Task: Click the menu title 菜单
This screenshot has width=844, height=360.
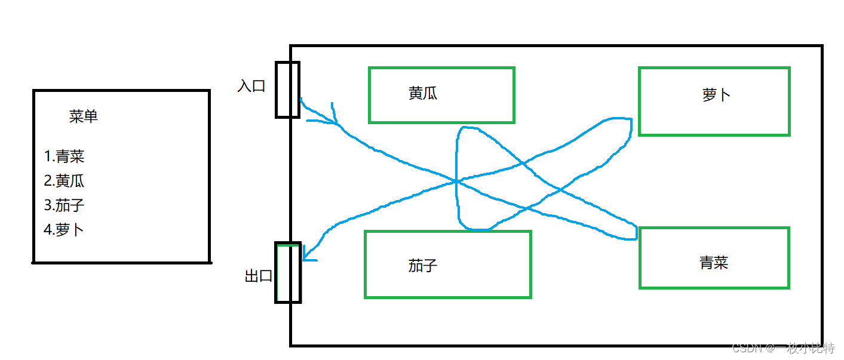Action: click(83, 116)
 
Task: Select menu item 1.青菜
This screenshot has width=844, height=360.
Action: click(64, 156)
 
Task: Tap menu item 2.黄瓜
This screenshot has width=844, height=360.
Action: click(64, 181)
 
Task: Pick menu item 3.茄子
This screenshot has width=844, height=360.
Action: click(64, 205)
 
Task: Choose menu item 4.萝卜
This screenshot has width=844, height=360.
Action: click(63, 230)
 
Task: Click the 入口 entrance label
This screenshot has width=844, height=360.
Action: click(251, 86)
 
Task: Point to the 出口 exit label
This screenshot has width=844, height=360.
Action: click(259, 276)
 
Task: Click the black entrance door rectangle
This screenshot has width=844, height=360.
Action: click(276, 90)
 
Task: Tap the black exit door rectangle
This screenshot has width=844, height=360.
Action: click(276, 273)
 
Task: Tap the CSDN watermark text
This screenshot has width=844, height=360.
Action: click(783, 348)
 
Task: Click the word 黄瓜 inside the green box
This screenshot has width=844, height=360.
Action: click(423, 93)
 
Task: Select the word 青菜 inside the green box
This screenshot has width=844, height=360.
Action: click(714, 263)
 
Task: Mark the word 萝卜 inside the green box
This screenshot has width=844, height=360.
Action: click(716, 94)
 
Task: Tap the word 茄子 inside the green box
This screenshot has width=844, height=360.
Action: click(423, 266)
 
